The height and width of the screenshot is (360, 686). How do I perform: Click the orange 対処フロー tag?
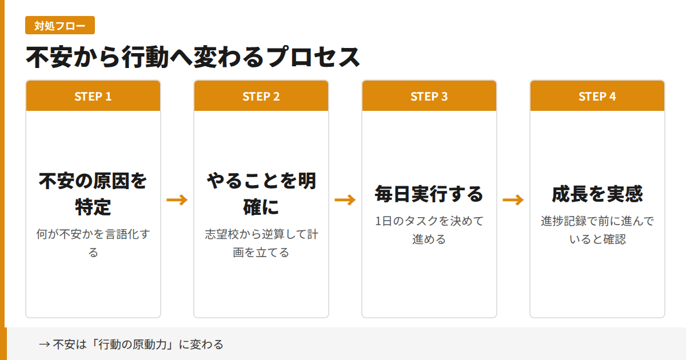(60, 26)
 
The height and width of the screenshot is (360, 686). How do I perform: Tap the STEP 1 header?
(93, 96)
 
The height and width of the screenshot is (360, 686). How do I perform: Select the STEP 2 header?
(261, 96)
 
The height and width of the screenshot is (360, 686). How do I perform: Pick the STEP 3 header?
(429, 96)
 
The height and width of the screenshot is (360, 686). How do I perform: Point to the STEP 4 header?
(597, 96)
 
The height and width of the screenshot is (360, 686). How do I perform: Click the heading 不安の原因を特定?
(93, 194)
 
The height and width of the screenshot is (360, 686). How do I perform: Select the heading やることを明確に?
(261, 194)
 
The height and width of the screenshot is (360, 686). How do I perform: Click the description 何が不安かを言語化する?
(93, 243)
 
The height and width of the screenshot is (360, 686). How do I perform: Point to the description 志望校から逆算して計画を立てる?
(261, 243)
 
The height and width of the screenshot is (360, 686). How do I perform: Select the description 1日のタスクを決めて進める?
(429, 230)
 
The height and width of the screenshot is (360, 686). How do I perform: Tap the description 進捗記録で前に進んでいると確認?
(597, 230)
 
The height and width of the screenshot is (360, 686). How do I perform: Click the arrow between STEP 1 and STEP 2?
(177, 199)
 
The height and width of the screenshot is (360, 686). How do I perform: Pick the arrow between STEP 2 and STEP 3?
(345, 199)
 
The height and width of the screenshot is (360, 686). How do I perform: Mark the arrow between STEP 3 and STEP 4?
(513, 199)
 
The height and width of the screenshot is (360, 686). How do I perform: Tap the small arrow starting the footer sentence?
(44, 345)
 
